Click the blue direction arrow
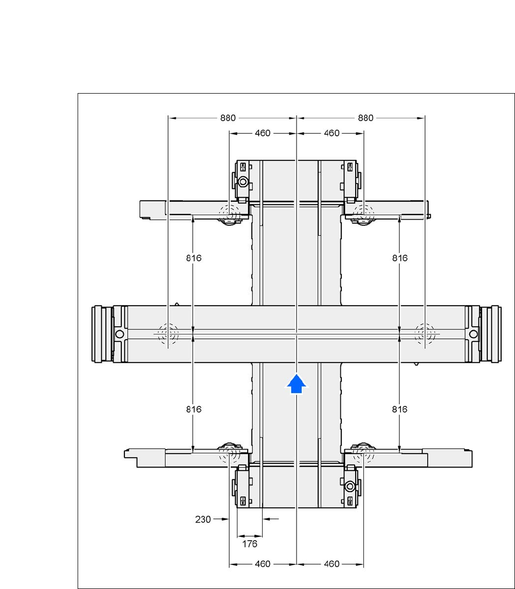(x=297, y=384)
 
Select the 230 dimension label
(x=203, y=520)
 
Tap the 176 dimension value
(x=250, y=544)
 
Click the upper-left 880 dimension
(x=228, y=118)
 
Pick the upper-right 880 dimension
(x=365, y=118)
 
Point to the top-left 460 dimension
(x=262, y=133)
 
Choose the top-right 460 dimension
(x=332, y=133)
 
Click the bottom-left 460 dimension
(x=262, y=564)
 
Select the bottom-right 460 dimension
(x=332, y=564)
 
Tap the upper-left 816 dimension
(x=194, y=258)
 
